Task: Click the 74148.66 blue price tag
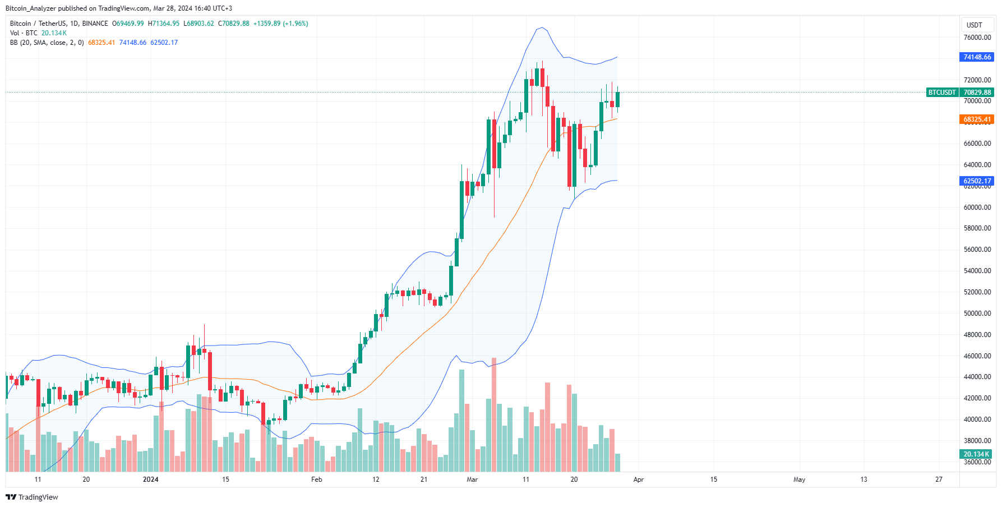click(977, 57)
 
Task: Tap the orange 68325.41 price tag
click(977, 119)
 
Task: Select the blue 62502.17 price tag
click(977, 181)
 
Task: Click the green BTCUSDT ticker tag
click(942, 93)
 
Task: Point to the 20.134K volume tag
click(976, 454)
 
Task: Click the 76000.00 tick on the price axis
click(977, 38)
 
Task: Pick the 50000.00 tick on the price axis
click(977, 314)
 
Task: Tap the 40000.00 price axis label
click(977, 420)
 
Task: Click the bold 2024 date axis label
click(150, 480)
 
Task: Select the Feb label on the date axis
click(317, 480)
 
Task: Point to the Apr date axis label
click(638, 480)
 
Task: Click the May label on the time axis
click(799, 480)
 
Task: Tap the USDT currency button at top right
click(975, 25)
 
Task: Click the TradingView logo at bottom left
click(32, 497)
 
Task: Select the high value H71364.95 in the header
click(164, 24)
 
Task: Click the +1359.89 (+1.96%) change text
click(281, 24)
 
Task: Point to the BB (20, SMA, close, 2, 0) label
click(47, 43)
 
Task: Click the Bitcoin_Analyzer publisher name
click(31, 8)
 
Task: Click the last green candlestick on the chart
click(617, 100)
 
